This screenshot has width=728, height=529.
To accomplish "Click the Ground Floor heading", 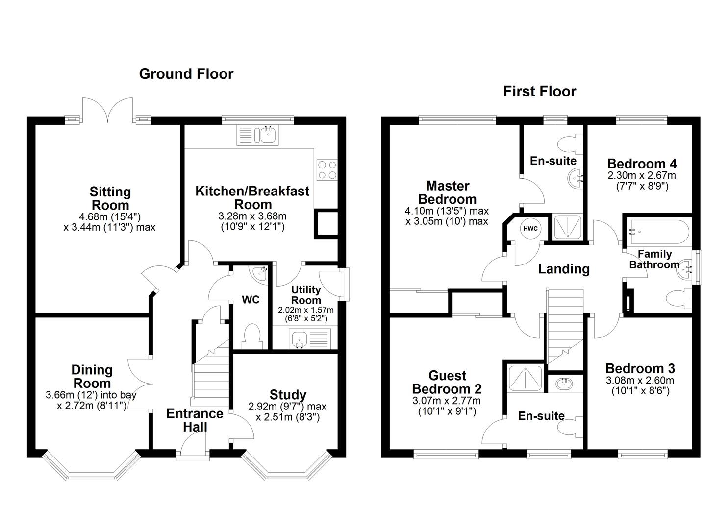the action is coord(186,74).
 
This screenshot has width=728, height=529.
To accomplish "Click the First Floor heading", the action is coord(540,91).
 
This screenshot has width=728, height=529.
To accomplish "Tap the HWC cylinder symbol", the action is coord(530,229).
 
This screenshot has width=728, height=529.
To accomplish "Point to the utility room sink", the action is coord(298,339).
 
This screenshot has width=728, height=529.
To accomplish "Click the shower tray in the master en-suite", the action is coord(567,227).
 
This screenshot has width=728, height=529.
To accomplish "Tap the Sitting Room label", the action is coord(110,198).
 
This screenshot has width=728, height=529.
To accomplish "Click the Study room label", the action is coord(288,394).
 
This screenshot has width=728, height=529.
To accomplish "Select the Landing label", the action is coord(564,268).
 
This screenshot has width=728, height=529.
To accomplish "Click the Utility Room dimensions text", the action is coord(305,314).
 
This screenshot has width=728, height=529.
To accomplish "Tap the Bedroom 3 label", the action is coord(640,368).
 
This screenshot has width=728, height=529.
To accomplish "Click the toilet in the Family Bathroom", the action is coord(678,299).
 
